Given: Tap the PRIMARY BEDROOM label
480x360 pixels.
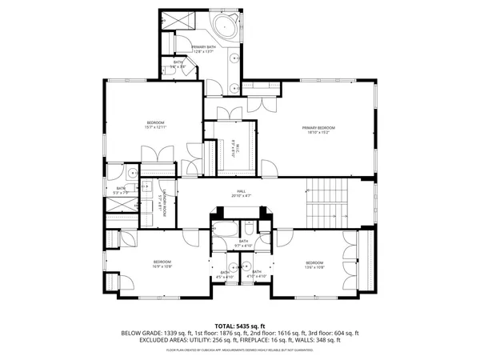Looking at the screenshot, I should (x=318, y=127).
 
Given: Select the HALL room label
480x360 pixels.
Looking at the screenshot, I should (x=241, y=190).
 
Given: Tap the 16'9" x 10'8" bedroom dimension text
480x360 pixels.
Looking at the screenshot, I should (x=162, y=266).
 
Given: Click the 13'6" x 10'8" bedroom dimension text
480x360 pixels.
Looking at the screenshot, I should (x=314, y=266).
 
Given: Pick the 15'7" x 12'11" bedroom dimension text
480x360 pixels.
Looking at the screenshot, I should (x=155, y=127).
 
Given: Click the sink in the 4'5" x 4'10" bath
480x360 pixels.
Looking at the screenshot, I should (x=230, y=266).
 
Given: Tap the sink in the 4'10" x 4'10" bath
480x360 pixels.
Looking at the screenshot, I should (x=248, y=266).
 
